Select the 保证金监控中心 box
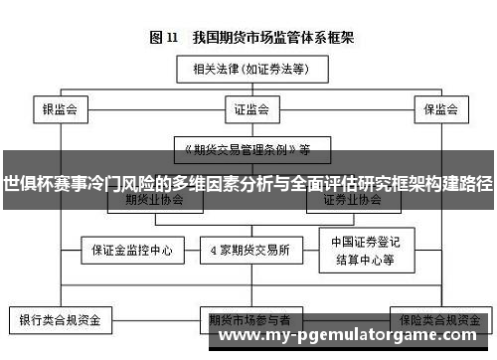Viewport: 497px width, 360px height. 126,250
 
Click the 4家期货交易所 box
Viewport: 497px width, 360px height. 250,250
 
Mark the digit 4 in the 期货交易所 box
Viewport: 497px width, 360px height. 218,250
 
